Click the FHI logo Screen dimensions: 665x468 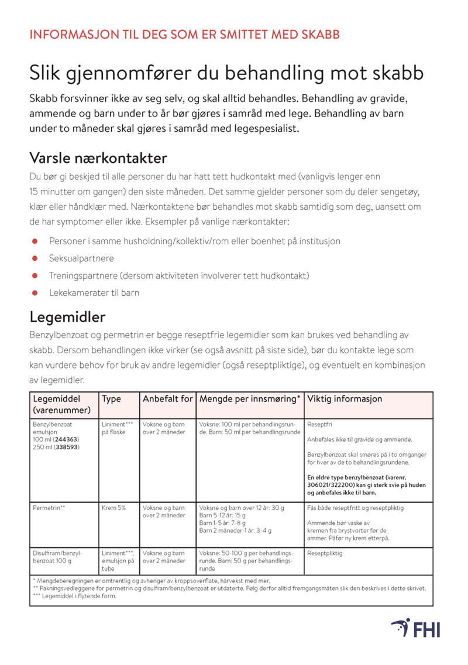(x=415, y=628)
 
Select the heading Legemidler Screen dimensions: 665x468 (x=67, y=317)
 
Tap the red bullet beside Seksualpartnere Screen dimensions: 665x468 (x=35, y=258)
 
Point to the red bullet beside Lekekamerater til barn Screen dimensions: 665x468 (x=35, y=292)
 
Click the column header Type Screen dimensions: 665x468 (x=111, y=399)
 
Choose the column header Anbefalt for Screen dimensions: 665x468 (x=167, y=399)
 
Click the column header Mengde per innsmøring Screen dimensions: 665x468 (x=250, y=399)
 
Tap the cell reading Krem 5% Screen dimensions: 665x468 (x=113, y=507)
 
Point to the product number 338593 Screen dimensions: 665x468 (x=67, y=447)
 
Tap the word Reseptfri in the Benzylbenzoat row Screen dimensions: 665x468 (x=318, y=424)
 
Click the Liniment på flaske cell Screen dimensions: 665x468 (x=117, y=428)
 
